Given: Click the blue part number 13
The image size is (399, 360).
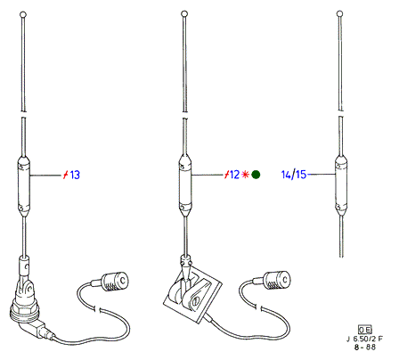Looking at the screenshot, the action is coord(75,175).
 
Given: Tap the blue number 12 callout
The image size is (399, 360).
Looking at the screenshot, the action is coord(234,175).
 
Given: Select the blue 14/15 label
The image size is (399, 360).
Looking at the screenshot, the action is coord(294,175).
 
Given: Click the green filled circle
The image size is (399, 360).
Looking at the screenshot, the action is coord(256,175).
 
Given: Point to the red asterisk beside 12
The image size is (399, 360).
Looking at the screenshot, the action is coord(245,175).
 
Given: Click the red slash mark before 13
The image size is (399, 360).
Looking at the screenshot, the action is coord(66,175).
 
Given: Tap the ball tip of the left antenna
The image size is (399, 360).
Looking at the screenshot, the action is coord(23,14).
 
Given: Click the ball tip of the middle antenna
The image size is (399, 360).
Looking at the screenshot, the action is coord(184,13).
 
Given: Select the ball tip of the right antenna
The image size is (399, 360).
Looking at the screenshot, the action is coord(340,13).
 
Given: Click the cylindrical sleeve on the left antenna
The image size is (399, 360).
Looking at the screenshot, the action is coord(24,185).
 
